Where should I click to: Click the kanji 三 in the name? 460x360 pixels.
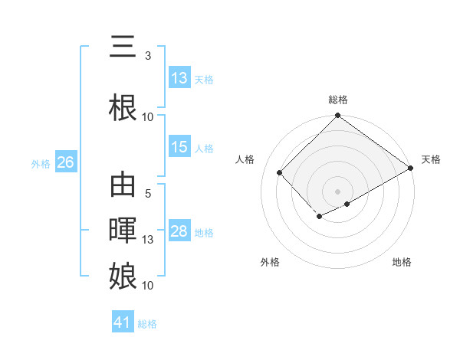coord(123,47)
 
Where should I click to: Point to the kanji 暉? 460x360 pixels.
coord(123,231)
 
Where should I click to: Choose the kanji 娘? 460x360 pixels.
coord(123,276)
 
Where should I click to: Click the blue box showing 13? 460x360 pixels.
coord(179,78)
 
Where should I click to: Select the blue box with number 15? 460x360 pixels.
coord(179,147)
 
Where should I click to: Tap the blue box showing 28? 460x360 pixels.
coord(179,231)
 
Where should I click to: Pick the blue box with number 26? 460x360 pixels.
coord(65,162)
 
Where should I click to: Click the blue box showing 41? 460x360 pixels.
coord(123,322)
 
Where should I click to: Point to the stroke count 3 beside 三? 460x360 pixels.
coord(147,56)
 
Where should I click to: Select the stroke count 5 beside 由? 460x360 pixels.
coord(147,194)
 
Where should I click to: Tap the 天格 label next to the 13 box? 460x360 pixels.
coord(204,79)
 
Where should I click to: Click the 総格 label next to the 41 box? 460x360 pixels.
coord(147,324)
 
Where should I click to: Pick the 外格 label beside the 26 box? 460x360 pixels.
coord(41,163)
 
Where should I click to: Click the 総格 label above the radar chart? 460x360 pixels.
coord(337,100)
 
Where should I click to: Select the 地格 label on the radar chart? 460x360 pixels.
coord(402,262)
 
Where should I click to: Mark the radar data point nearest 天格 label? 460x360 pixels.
coord(411,169)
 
